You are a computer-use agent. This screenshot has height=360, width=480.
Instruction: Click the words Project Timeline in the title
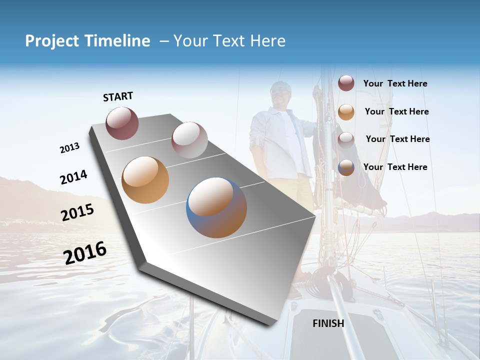pos(87,41)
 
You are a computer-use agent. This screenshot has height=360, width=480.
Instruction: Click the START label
pos(118,96)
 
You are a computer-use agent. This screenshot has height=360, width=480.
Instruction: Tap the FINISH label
pos(328,323)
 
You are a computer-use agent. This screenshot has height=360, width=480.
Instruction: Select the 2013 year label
pos(69,148)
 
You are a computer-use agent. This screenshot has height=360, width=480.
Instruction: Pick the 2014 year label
pos(73,177)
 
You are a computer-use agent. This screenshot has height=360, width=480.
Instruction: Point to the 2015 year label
pos(77,212)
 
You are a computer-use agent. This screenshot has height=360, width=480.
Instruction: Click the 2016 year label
pos(85,252)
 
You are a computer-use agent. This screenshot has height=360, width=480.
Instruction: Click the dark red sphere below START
pos(122,123)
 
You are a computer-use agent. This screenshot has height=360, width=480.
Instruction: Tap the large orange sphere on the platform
pos(145,179)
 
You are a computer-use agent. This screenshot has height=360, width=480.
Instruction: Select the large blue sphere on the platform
pos(216,207)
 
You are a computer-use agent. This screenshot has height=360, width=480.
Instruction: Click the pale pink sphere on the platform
pos(189,139)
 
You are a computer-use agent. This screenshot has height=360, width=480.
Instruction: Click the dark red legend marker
pos(346,83)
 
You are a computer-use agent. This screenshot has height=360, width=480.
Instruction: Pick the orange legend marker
pos(346,112)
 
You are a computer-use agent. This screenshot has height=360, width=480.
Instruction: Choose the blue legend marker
pos(346,167)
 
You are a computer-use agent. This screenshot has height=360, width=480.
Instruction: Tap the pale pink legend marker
pos(346,139)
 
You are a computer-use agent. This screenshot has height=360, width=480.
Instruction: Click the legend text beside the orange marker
pos(397,111)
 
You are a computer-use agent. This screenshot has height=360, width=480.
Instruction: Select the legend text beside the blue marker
pos(395,167)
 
